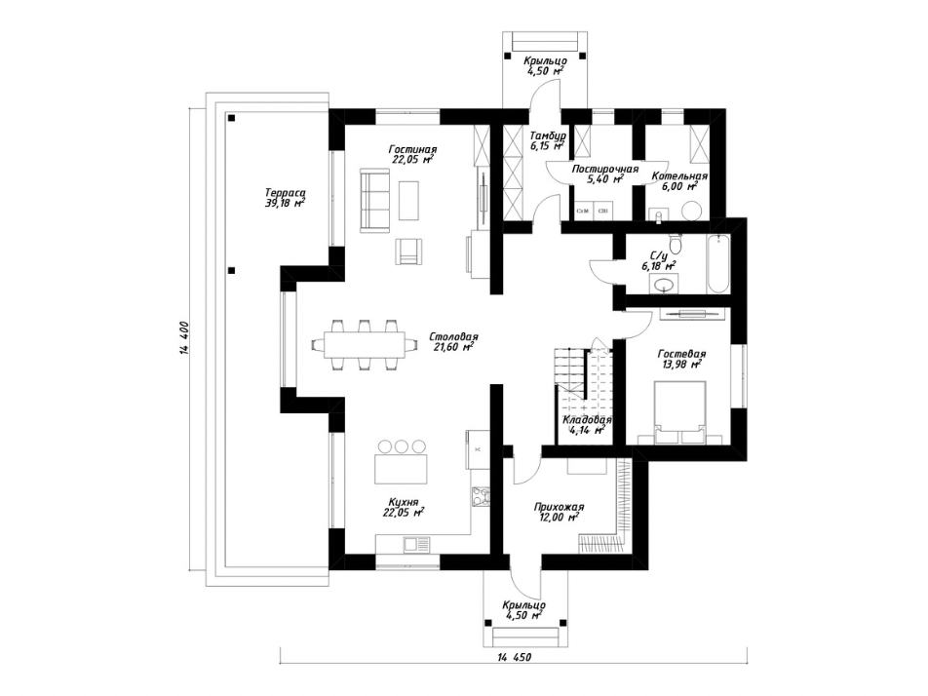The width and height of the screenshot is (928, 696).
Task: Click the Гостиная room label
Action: click(x=412, y=149)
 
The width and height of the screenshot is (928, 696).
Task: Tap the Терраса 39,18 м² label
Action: click(x=286, y=198)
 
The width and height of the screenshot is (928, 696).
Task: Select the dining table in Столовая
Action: click(x=365, y=345)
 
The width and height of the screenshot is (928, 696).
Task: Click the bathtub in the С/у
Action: click(x=717, y=263)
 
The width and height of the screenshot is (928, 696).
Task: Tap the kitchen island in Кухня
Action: click(x=400, y=469)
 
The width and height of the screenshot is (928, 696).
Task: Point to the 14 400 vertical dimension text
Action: click(x=183, y=338)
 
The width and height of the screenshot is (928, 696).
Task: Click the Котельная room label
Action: click(x=679, y=176)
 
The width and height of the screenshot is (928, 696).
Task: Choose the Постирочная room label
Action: click(x=604, y=170)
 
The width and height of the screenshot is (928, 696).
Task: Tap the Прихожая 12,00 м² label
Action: click(x=559, y=512)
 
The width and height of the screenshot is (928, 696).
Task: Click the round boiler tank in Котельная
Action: click(x=691, y=211)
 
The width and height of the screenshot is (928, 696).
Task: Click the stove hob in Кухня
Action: click(x=480, y=496)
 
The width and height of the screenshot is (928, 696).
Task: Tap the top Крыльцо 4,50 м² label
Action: click(x=545, y=65)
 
